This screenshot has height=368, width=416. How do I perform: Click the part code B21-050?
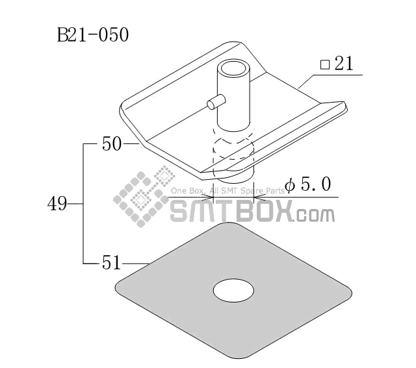click(x=93, y=34)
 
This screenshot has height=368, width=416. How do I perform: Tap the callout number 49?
click(x=57, y=204)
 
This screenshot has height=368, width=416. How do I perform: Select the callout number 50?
click(x=112, y=144)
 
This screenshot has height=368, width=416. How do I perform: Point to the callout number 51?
click(x=111, y=263)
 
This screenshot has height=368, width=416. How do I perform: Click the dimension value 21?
click(x=344, y=64)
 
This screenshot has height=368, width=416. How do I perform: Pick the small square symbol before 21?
click(x=325, y=65)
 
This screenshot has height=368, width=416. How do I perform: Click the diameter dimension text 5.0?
click(x=316, y=184)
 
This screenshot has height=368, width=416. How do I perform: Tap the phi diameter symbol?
click(x=290, y=185)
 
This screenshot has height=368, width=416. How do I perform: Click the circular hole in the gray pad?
click(x=233, y=290)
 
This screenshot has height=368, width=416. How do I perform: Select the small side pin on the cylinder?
click(x=216, y=102)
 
